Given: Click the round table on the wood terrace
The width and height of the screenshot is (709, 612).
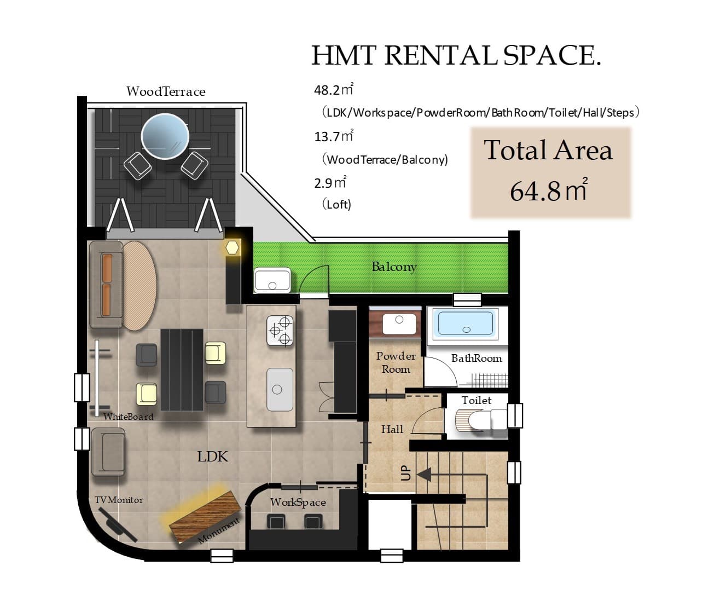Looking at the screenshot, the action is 165,136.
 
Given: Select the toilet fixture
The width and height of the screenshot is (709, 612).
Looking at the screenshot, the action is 481,419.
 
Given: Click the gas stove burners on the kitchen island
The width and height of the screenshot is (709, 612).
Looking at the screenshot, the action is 280,331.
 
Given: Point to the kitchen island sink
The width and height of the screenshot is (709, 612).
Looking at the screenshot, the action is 280,389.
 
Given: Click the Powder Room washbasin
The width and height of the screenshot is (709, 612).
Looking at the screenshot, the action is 399,324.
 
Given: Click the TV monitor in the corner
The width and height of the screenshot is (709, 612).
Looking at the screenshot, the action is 117,524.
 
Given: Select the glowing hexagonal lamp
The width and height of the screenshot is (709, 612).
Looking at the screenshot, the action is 232,247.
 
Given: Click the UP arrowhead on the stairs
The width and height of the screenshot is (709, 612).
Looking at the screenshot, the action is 423,475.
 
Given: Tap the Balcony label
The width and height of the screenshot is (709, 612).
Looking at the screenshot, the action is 394,267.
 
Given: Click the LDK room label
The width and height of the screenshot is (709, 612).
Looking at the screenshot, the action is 212,457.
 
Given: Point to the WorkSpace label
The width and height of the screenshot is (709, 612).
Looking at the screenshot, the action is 298,503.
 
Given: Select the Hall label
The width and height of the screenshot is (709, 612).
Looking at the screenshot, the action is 392,429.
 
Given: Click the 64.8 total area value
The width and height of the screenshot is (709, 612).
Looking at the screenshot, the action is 549,191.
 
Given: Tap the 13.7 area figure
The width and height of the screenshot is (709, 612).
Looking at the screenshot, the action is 333,136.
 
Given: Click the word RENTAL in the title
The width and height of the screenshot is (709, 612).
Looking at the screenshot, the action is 440,55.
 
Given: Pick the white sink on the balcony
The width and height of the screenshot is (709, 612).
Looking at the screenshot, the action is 272,280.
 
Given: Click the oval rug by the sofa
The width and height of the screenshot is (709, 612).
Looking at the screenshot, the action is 140,286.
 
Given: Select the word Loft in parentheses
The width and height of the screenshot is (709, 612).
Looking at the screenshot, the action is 336,205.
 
